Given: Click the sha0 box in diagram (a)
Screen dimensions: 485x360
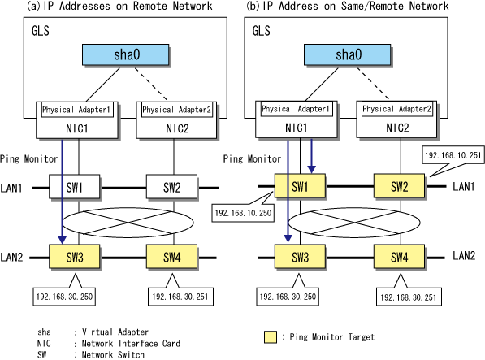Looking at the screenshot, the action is click(126, 54).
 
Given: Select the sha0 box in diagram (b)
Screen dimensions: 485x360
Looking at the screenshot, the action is click(348, 54).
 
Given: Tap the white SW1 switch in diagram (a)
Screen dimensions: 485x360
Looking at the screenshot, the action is click(74, 186).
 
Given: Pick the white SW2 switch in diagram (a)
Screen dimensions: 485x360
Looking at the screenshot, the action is click(171, 186).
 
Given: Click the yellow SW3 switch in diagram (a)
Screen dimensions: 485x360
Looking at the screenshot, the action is click(74, 257).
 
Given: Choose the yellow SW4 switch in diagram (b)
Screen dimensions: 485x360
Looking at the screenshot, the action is click(399, 257).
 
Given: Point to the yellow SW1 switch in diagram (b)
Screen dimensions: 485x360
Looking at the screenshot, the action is click(300, 185).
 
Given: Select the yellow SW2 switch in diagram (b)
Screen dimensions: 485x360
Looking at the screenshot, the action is click(399, 185).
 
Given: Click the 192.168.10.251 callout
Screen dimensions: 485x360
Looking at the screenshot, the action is click(453, 155).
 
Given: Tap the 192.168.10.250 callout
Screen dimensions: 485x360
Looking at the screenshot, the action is click(243, 213).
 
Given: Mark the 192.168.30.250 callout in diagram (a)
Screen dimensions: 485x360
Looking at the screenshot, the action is click(64, 297).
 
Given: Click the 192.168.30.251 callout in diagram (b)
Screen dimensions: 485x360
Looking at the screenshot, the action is click(409, 297).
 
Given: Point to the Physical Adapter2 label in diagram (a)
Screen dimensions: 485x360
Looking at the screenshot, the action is click(177, 110).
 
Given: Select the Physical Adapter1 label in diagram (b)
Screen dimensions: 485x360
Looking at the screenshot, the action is click(297, 109).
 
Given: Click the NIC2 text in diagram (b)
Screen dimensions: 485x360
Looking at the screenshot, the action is click(397, 128).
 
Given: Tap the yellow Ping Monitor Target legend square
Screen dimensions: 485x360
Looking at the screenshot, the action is click(271, 337).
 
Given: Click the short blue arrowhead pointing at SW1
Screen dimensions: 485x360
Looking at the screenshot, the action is click(311, 169).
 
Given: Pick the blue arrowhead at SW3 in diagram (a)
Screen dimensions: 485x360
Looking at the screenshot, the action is click(63, 240).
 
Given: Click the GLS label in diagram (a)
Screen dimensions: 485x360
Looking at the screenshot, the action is click(40, 31).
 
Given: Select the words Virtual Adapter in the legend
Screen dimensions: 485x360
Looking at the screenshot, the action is click(115, 332).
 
